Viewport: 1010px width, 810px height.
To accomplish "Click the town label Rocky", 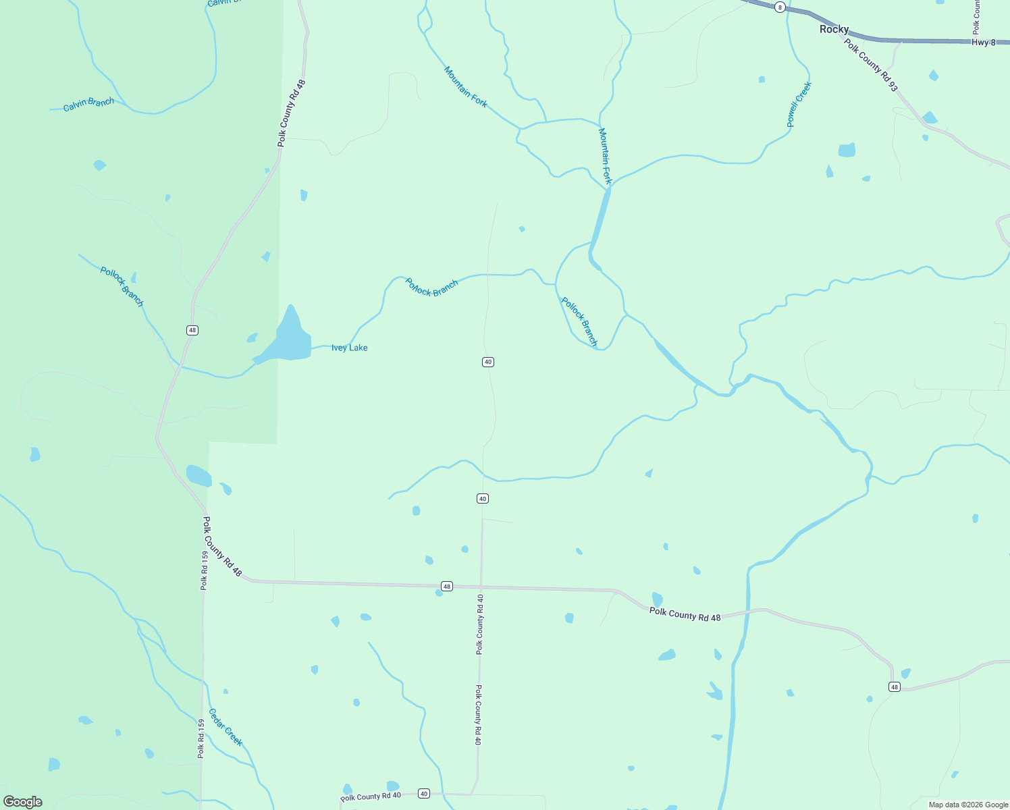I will [x=834, y=29].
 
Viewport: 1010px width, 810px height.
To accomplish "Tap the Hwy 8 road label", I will [x=983, y=42].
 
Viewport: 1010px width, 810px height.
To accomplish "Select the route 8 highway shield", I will [x=780, y=7].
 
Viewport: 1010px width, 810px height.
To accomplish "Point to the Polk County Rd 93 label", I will [x=871, y=65].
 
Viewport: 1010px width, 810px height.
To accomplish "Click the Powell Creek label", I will [x=799, y=105].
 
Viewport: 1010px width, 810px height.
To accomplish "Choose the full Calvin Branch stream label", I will [x=88, y=104].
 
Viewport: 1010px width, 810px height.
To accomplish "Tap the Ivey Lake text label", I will [x=349, y=348].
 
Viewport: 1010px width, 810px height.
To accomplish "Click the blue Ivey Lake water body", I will [x=290, y=337].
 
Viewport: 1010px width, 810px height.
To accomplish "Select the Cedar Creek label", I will [x=225, y=727].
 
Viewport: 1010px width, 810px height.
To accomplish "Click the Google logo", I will [x=23, y=802].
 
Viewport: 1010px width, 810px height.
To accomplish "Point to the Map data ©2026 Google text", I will [x=967, y=805].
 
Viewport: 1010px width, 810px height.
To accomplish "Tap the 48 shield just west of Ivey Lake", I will [x=192, y=330].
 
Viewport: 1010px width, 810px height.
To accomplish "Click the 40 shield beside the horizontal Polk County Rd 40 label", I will [x=423, y=794].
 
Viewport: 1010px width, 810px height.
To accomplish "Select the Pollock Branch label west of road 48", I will [x=122, y=286].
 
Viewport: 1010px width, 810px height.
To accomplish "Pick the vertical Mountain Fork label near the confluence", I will [x=605, y=156].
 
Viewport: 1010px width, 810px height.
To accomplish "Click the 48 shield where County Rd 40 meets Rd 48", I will [x=447, y=586].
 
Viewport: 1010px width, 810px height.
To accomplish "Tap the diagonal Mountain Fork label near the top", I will [x=466, y=86].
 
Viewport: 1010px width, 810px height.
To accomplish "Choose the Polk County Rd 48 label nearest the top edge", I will [x=292, y=113].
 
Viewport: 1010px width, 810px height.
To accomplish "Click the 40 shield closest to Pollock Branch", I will [x=488, y=362].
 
